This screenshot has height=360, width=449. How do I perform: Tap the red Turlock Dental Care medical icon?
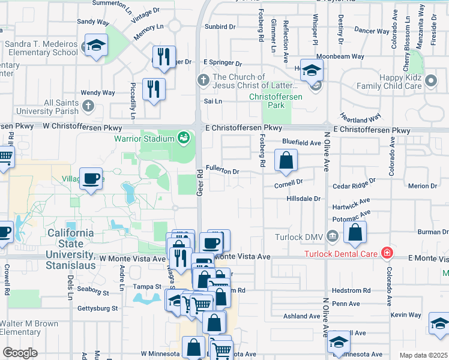[x=387, y=253]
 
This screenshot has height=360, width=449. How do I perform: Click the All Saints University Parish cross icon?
[x=88, y=106]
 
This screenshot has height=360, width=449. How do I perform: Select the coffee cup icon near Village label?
[x=91, y=179]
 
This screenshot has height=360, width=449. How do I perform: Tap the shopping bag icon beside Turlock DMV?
[x=355, y=232]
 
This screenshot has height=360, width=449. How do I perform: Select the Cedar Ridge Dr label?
[x=354, y=180]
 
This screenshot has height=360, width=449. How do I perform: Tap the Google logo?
[x=20, y=353]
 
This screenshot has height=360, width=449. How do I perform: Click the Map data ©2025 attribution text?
[x=423, y=355]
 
